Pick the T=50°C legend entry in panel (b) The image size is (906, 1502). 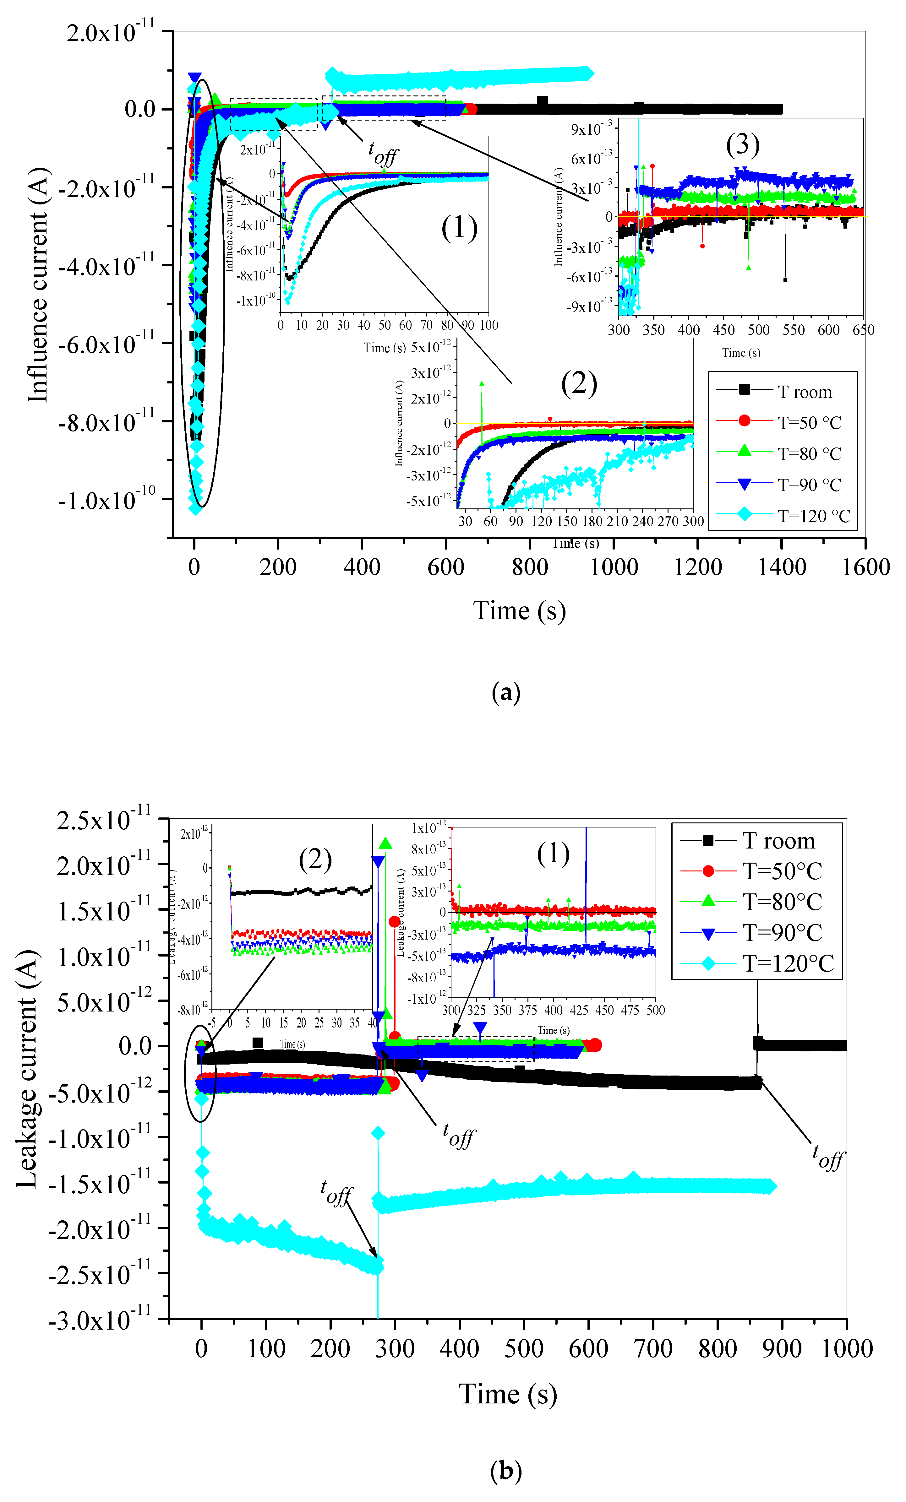pos(782,871)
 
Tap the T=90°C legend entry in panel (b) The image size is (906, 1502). pos(782,933)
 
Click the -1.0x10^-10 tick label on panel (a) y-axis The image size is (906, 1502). pos(107,500)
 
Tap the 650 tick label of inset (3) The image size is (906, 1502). pos(863,330)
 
